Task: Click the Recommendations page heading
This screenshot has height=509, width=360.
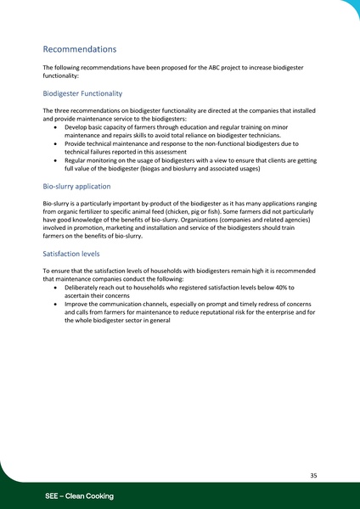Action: coord(79,49)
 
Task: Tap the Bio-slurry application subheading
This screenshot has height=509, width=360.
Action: coord(76,185)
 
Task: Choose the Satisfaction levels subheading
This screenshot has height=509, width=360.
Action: coord(73,253)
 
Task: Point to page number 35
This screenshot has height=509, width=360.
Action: coord(313,476)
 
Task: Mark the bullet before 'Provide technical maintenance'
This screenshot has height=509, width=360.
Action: coord(55,145)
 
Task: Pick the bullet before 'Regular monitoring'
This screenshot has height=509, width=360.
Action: coord(55,159)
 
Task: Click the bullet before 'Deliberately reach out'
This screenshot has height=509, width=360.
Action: coord(55,288)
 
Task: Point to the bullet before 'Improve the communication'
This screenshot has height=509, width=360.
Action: coord(55,304)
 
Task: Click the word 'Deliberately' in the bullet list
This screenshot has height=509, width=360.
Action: coord(82,288)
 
